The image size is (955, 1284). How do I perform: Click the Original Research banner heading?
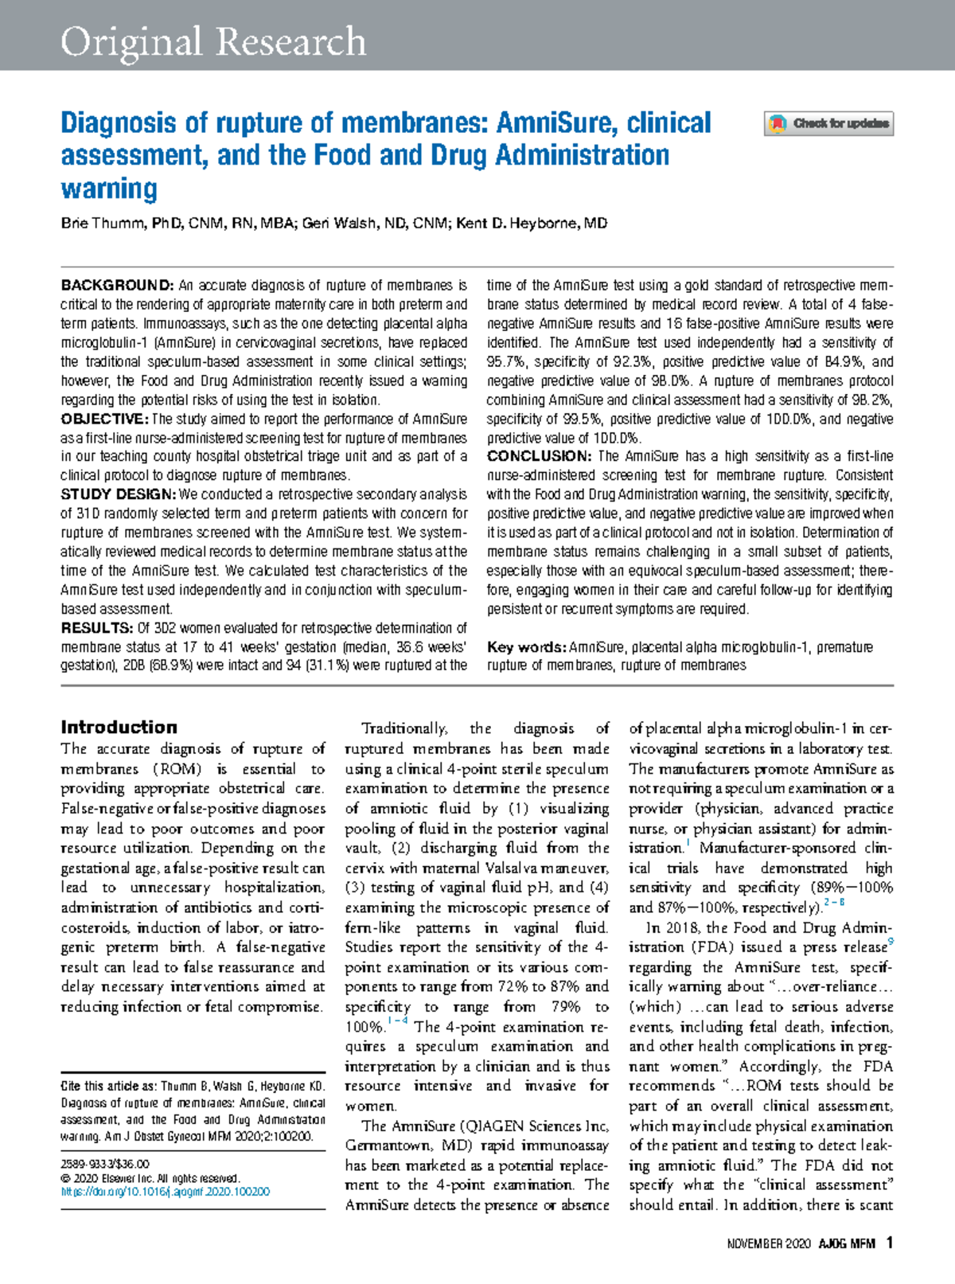coord(213,41)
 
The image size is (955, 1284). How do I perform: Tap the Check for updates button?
coord(828,123)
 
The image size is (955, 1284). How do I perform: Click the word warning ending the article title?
coord(109,189)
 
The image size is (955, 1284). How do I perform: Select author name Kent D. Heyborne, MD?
coord(532,223)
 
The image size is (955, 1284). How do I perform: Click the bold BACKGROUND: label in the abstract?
coord(117,285)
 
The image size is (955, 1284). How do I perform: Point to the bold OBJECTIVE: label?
coord(104,419)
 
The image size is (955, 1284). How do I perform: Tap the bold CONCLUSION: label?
coord(539,456)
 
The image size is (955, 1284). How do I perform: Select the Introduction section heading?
coord(119,727)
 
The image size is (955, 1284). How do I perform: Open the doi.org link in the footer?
coord(166,1192)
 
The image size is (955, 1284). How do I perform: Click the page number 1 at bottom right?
coord(889,1243)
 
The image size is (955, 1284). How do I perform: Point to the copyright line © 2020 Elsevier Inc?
coord(150,1178)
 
